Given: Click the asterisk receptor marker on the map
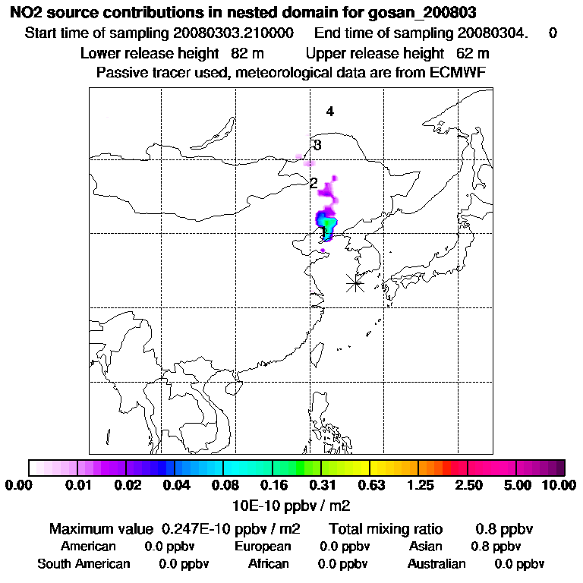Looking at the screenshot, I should [x=355, y=283].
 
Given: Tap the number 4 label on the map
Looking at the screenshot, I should [x=330, y=112].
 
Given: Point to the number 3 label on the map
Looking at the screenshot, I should [x=317, y=146].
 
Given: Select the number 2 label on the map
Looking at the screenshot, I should [x=314, y=183].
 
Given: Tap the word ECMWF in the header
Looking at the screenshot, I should [x=457, y=72].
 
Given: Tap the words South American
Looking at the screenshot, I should [x=84, y=564].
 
